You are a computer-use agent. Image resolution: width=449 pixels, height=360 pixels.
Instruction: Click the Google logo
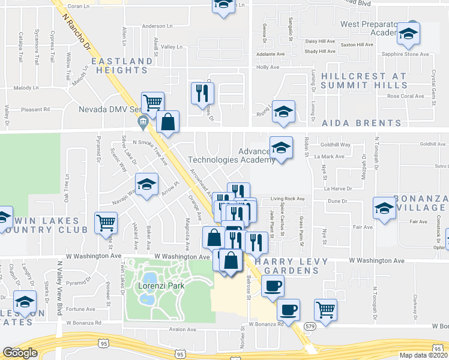click(x=20, y=353)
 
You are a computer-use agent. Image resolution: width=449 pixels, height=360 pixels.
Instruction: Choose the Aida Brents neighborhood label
click(x=361, y=123)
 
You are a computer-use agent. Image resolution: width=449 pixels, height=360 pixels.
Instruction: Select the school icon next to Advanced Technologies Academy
click(x=281, y=146)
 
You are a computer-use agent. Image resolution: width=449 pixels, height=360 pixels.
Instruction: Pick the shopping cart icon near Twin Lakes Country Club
click(x=106, y=223)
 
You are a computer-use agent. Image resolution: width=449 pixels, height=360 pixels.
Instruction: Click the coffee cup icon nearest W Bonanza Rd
click(x=288, y=310)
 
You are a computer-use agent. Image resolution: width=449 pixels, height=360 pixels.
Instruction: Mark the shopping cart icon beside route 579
click(x=325, y=310)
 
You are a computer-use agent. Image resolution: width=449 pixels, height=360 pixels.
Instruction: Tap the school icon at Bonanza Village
click(x=385, y=208)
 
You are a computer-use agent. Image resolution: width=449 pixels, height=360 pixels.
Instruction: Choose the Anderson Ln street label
click(x=157, y=26)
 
